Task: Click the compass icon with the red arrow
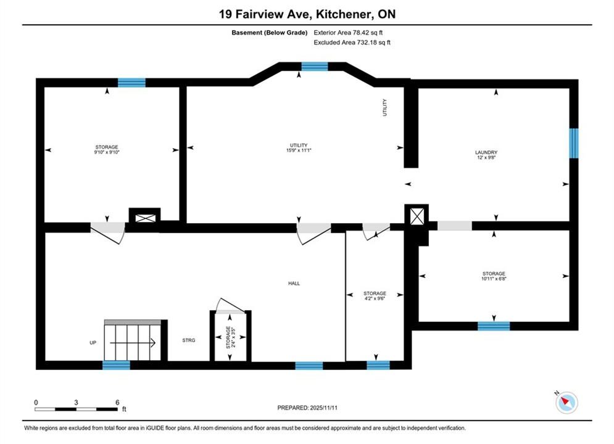coord(566,402)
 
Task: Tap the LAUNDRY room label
coord(486,152)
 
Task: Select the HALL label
coord(294,283)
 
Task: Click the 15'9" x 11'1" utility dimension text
coord(299,150)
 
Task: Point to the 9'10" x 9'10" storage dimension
coord(107,152)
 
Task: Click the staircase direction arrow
coord(133,343)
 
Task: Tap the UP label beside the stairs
coord(93,343)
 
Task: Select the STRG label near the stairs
coord(189,340)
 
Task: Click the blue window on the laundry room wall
coord(574,143)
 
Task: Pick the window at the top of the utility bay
coord(315,66)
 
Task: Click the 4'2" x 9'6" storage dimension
coord(375,298)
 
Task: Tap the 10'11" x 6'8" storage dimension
coord(494,279)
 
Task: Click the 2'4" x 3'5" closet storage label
coord(231,337)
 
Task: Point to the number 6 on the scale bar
coord(117,402)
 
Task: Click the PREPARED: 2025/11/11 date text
coord(307,408)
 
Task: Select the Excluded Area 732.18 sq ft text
coord(352,43)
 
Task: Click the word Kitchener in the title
coord(344,14)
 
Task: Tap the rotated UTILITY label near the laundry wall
coord(384,107)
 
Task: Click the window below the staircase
coord(116,365)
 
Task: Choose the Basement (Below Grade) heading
coord(270,33)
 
